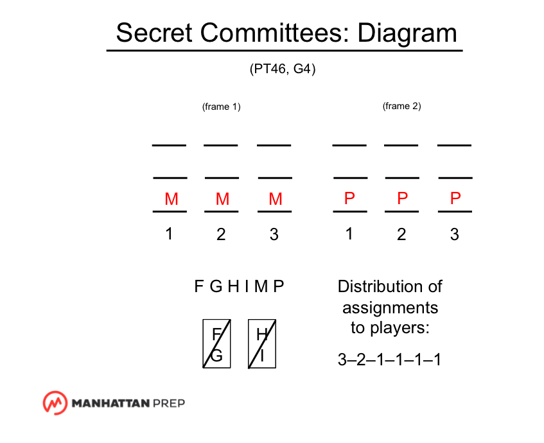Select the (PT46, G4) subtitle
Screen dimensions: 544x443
[283, 69]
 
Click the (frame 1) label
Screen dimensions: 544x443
[221, 107]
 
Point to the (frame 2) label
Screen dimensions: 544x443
[401, 106]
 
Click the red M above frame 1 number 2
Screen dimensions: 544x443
[222, 199]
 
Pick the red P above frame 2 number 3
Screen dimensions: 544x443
[455, 199]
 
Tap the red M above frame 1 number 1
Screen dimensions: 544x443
[171, 199]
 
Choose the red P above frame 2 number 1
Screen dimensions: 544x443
[349, 199]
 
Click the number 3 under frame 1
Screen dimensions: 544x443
[274, 235]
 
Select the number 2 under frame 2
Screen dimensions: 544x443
[401, 235]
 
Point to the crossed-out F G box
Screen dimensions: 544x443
[216, 344]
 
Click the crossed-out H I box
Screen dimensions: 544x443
[261, 344]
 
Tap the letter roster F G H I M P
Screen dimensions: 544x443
[239, 287]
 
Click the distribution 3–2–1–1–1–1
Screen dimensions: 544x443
[389, 360]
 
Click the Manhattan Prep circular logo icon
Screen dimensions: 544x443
[55, 403]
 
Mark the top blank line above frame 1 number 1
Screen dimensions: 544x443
[169, 146]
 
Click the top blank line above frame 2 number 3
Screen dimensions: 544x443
[454, 146]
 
